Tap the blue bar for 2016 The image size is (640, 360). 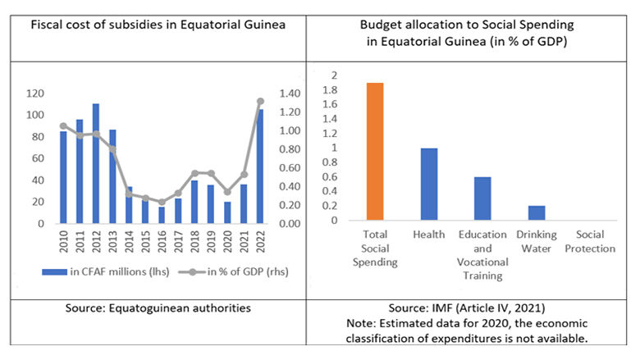tap(162, 215)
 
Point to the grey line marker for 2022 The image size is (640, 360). tap(261, 101)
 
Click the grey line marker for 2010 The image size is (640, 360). tap(62, 125)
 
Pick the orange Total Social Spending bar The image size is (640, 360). tap(375, 152)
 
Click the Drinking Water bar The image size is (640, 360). tap(537, 213)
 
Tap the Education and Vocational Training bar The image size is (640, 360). tap(483, 198)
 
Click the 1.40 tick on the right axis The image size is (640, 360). tap(292, 93)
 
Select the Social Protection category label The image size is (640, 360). tap(590, 242)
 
